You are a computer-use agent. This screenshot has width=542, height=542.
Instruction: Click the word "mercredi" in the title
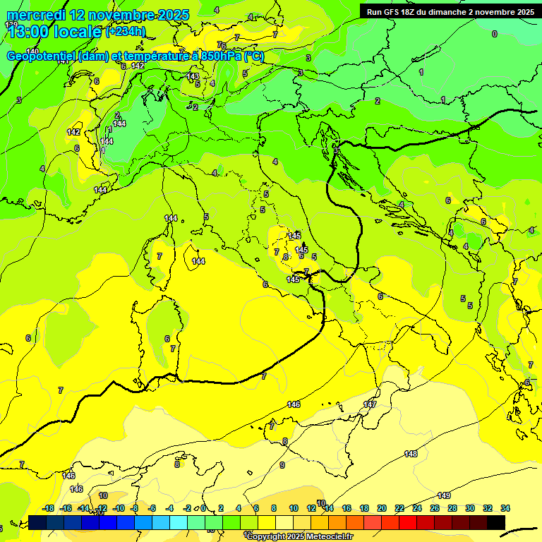point(31,15)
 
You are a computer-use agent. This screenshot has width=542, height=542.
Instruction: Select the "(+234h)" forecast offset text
point(125,31)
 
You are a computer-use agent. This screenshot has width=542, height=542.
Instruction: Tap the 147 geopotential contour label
point(370,404)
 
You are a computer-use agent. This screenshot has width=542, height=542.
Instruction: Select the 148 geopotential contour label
point(411,454)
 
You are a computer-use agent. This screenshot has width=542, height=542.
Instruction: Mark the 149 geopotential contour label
point(444,495)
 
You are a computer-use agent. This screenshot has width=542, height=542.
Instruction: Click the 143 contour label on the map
point(193,76)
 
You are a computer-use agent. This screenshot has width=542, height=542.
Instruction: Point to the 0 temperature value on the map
point(494,34)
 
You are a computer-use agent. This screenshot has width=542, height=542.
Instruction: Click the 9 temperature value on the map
point(282,465)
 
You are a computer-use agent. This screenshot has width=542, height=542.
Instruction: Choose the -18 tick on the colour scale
point(48,508)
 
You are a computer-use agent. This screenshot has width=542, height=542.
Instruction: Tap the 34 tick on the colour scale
point(505,508)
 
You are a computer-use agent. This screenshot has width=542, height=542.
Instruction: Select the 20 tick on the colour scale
point(382,508)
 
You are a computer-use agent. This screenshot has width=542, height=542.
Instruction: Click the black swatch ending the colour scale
point(496,522)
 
